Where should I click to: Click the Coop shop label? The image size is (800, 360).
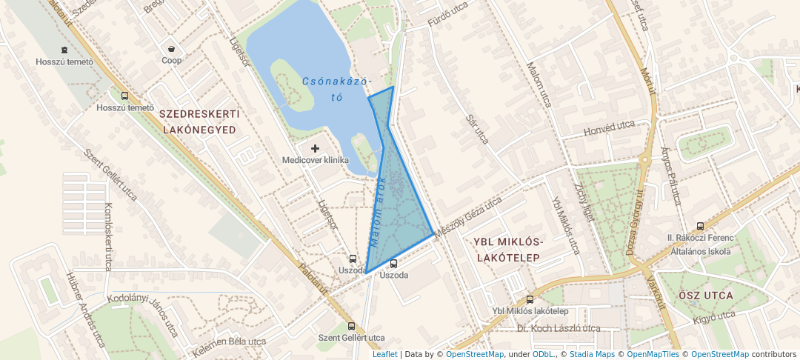point(171,61)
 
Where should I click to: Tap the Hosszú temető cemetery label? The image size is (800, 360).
point(64,61)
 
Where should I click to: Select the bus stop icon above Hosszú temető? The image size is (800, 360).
point(124,96)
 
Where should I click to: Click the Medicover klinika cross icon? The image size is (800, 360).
point(315,149)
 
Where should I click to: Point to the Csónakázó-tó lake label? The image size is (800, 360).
point(336,88)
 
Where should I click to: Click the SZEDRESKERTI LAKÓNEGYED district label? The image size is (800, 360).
point(199,121)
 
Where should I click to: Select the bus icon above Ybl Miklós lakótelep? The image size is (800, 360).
point(530,300)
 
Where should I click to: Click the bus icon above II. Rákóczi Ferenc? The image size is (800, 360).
point(700,226)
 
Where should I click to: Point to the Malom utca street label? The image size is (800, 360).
point(539,84)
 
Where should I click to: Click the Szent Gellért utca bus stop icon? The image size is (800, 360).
point(352,326)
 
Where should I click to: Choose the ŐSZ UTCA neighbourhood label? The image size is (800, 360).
point(705,296)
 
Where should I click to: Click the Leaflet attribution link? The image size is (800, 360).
point(384,354)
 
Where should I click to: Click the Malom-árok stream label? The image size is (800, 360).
point(377,212)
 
